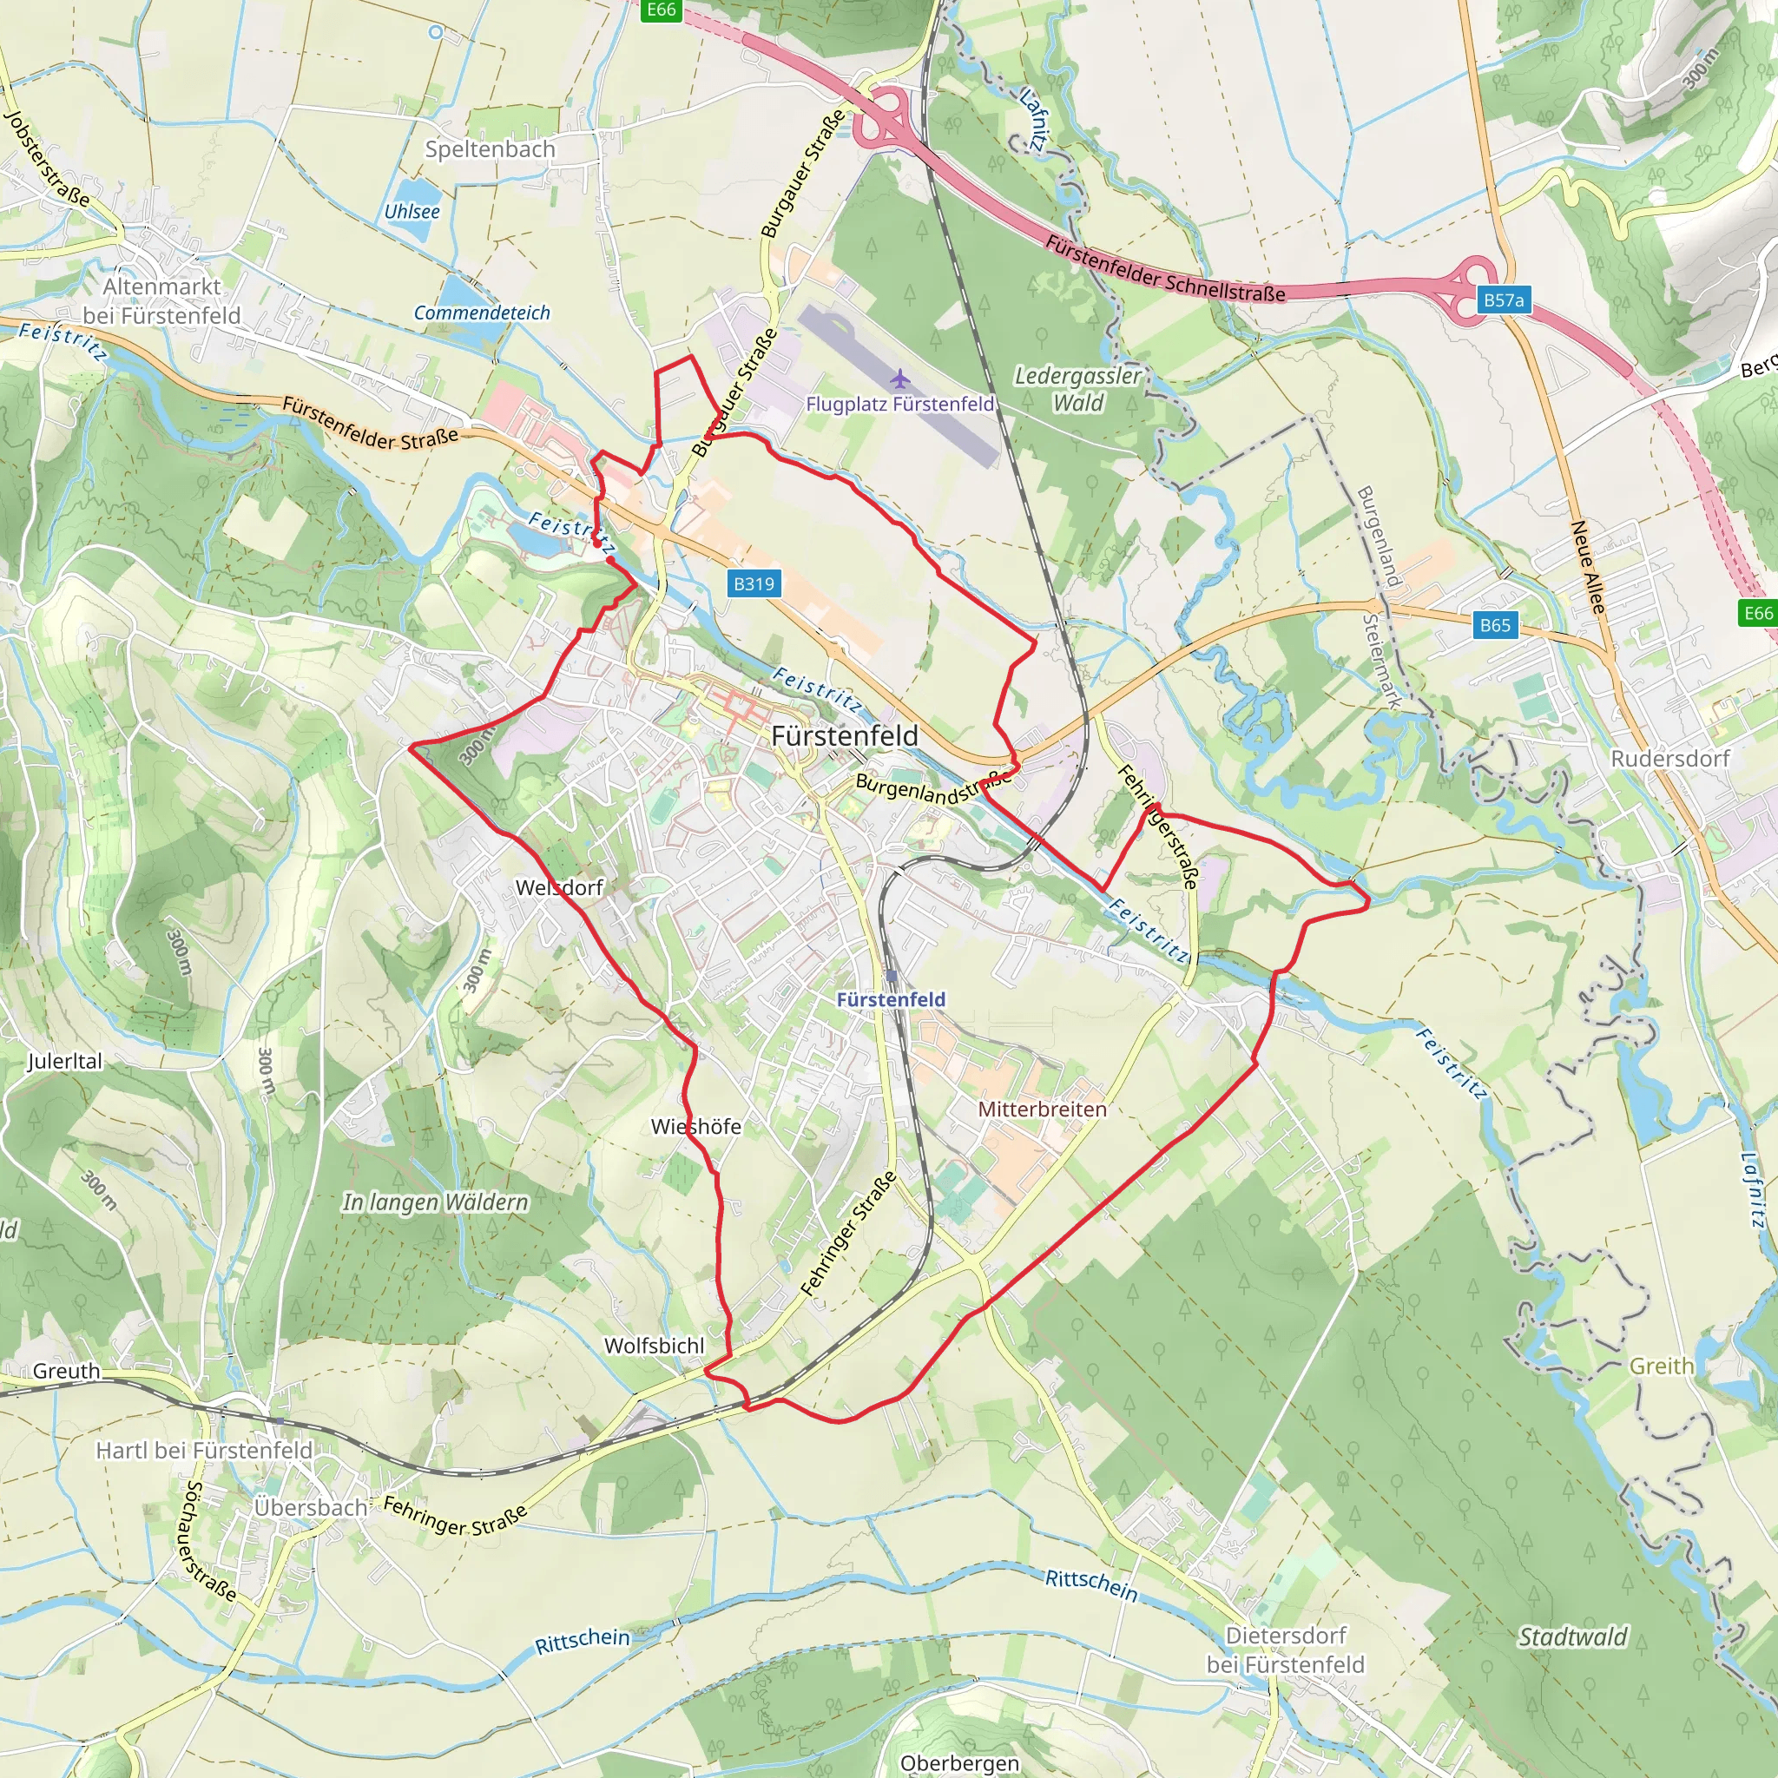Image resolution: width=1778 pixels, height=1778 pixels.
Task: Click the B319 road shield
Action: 754,583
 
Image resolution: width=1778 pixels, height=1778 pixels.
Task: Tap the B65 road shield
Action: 1495,625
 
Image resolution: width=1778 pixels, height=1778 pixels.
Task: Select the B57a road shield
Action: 1503,300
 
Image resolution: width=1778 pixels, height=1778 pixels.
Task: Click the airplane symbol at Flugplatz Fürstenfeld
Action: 899,379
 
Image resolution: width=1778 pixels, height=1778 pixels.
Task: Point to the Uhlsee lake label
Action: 412,211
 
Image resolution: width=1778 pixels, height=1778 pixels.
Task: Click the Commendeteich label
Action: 481,313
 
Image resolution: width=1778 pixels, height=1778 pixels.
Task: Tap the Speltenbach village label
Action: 490,149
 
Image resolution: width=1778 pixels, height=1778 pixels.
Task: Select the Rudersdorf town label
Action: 1669,758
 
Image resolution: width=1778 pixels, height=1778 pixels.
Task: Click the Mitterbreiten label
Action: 1042,1109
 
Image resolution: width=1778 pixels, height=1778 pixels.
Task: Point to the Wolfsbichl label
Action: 655,1346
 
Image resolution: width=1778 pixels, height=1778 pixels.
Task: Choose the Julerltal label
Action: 64,1061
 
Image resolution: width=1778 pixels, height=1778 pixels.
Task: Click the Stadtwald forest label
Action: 1573,1636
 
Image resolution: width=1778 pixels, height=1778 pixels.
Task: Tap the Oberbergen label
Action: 960,1762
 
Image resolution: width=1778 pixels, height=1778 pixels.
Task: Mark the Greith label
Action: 1661,1366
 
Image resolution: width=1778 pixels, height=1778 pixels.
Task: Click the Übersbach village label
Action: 310,1507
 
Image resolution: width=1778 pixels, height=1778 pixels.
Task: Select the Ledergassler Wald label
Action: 1077,389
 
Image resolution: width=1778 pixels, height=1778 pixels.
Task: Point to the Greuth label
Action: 66,1371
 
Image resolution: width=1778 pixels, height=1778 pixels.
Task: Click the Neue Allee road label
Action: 1588,567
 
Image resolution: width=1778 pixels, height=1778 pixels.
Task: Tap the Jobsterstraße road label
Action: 47,159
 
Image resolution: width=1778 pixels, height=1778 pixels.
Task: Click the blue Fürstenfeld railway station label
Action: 891,999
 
